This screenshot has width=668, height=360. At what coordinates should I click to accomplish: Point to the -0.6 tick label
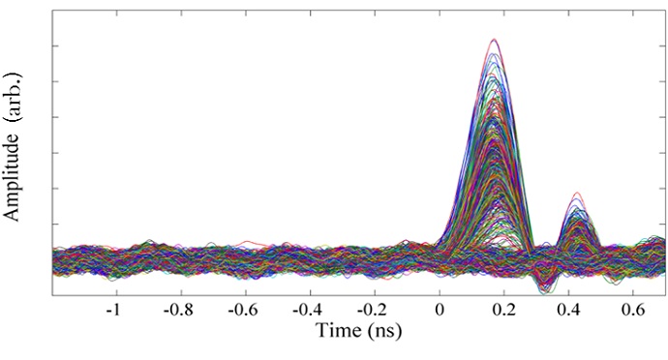click(x=242, y=311)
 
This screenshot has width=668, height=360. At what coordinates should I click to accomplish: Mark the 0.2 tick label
click(x=505, y=311)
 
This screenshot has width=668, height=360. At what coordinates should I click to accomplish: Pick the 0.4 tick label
click(x=570, y=311)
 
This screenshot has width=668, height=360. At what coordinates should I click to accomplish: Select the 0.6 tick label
click(x=635, y=311)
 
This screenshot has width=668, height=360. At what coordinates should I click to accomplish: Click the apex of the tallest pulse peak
click(x=495, y=40)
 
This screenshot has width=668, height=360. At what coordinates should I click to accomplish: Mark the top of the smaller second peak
click(x=577, y=193)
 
